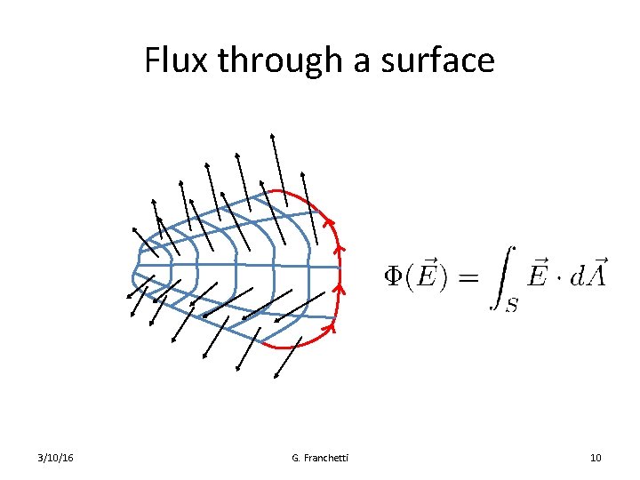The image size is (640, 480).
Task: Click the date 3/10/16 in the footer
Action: pyautogui.click(x=56, y=458)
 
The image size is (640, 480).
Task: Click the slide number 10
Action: pyautogui.click(x=596, y=458)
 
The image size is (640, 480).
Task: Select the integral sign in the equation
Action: pyautogui.click(x=503, y=276)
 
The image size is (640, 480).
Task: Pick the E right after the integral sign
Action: pyautogui.click(x=537, y=275)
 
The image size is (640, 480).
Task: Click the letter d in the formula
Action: pyautogui.click(x=579, y=276)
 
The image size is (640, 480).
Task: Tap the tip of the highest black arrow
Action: pyautogui.click(x=272, y=134)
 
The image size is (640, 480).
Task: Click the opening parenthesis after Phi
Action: pyautogui.click(x=411, y=276)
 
